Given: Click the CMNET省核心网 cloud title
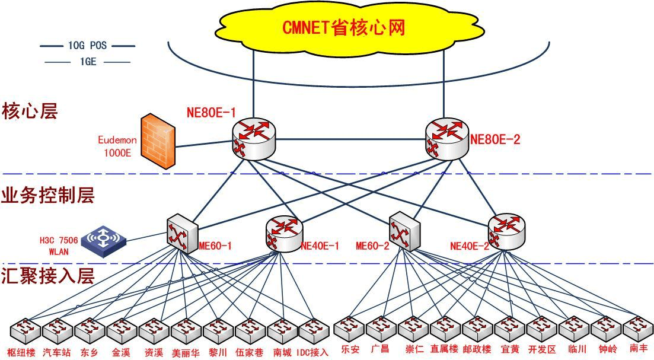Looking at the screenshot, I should coord(343,27).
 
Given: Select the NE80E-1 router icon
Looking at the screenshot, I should coord(254,138).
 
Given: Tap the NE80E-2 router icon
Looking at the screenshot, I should coord(446,138).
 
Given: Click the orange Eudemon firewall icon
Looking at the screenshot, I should coord(157,142).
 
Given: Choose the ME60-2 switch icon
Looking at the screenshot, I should coord(404,231).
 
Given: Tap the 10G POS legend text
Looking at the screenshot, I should coord(87,46).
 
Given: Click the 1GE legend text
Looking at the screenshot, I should coord(87,61).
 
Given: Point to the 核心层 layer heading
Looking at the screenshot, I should coord(30,111).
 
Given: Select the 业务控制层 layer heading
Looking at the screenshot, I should coord(48,195).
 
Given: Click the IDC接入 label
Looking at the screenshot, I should coord(312,352).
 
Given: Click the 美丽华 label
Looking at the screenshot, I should coord(186,352).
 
